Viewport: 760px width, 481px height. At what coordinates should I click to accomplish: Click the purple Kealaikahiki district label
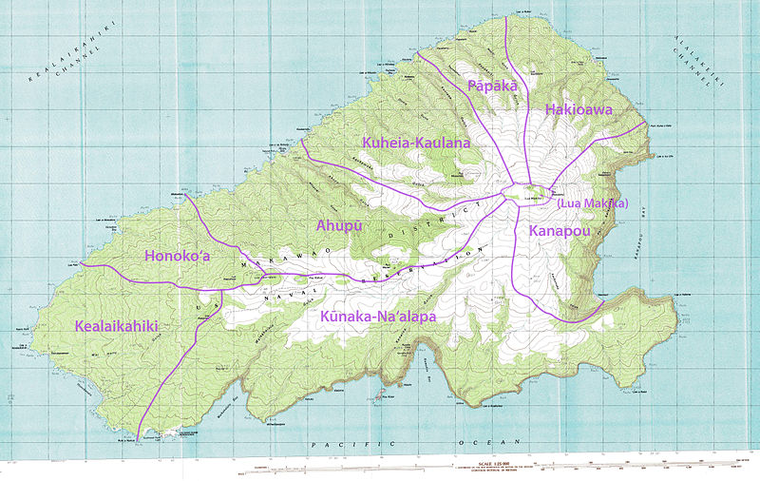[115, 326]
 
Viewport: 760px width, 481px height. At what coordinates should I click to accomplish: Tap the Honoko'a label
[177, 256]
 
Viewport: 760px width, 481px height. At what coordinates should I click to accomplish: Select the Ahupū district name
[336, 225]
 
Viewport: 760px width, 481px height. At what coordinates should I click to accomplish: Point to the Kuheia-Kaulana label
[416, 143]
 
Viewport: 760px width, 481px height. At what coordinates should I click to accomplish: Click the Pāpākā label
[492, 87]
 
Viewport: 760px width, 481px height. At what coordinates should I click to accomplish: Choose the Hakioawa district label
[579, 110]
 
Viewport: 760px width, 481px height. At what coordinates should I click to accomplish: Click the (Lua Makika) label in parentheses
[593, 203]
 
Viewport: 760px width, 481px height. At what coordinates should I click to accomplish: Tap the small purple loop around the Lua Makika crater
[532, 192]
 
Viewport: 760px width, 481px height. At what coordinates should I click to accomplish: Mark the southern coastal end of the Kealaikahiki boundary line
[139, 438]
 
